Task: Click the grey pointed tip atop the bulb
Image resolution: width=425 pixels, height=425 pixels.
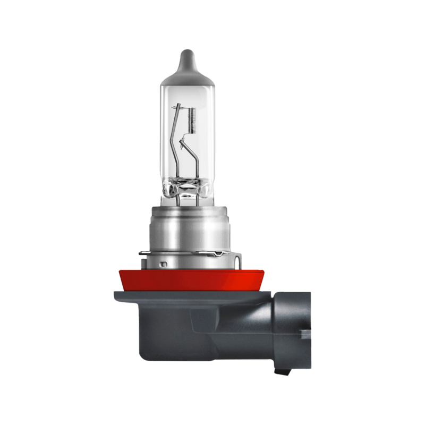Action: pos(186,55)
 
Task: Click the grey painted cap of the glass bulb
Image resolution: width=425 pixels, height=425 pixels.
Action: pos(186,74)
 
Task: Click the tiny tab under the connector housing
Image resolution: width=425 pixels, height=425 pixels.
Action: pos(282,370)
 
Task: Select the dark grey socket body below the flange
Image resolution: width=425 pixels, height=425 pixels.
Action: pos(175,335)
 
